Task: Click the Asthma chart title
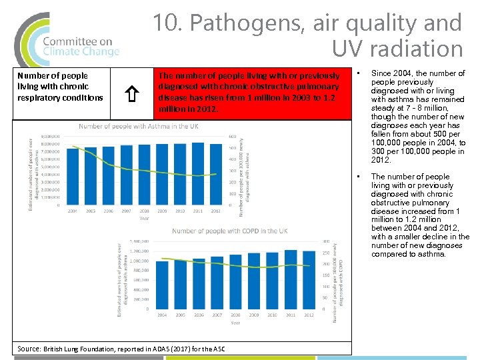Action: [x=138, y=127]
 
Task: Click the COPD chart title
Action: [x=229, y=231]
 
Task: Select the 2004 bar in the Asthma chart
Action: [x=71, y=175]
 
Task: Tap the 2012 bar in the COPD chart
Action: [x=308, y=280]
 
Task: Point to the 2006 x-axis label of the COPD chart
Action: [x=199, y=315]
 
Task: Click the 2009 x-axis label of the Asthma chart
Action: [x=161, y=211]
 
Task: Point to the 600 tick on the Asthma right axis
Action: [x=233, y=137]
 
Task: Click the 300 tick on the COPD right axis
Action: [x=326, y=241]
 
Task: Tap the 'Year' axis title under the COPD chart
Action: [x=235, y=323]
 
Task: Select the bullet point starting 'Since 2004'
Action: [x=418, y=117]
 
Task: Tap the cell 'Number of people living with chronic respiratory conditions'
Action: [x=60, y=87]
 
